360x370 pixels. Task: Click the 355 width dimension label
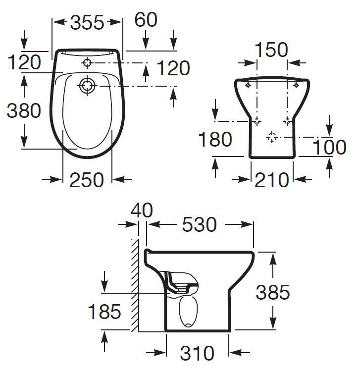click(87, 23)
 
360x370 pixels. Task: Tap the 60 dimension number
click(146, 20)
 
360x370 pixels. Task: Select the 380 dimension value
click(24, 110)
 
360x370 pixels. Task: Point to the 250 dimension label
click(87, 180)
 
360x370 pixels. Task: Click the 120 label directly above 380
click(24, 62)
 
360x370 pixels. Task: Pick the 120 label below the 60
click(173, 68)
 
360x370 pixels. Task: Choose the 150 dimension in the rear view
click(271, 50)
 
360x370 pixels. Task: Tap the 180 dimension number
click(215, 139)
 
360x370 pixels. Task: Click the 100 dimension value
click(329, 147)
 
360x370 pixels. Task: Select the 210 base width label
click(271, 180)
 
